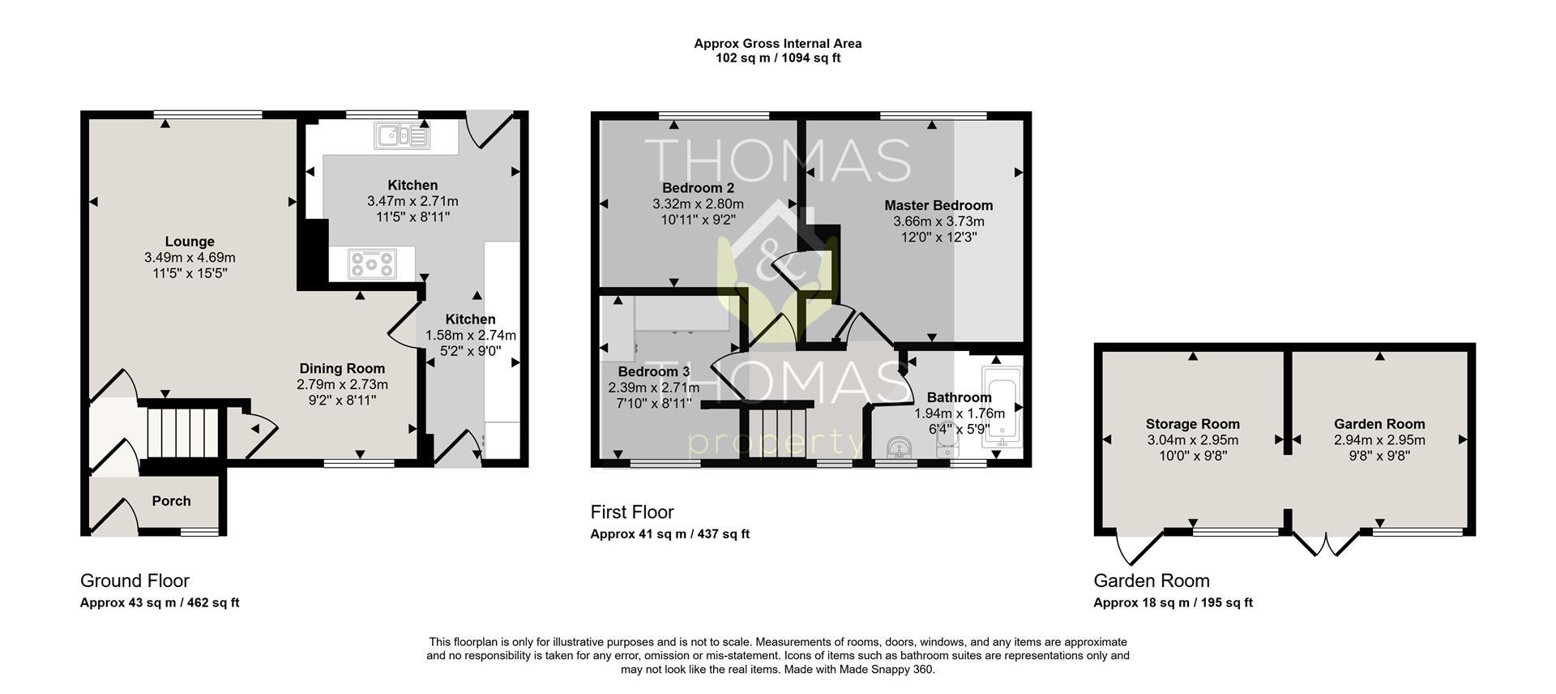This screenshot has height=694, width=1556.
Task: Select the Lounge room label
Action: (190, 242)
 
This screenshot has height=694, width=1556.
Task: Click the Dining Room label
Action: (342, 369)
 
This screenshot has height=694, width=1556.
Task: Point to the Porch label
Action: (172, 501)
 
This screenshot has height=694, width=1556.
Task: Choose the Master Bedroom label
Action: (938, 206)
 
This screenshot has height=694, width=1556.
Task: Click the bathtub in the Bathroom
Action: (1002, 407)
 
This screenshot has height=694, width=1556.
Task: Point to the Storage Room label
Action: (1193, 424)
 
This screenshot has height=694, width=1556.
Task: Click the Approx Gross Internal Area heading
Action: (778, 44)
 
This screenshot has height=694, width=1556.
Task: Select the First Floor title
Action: (632, 512)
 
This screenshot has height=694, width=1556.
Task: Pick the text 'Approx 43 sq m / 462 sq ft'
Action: (160, 603)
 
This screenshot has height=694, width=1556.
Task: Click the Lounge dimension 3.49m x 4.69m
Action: (190, 258)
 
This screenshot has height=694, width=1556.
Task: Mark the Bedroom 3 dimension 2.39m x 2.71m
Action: (654, 388)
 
